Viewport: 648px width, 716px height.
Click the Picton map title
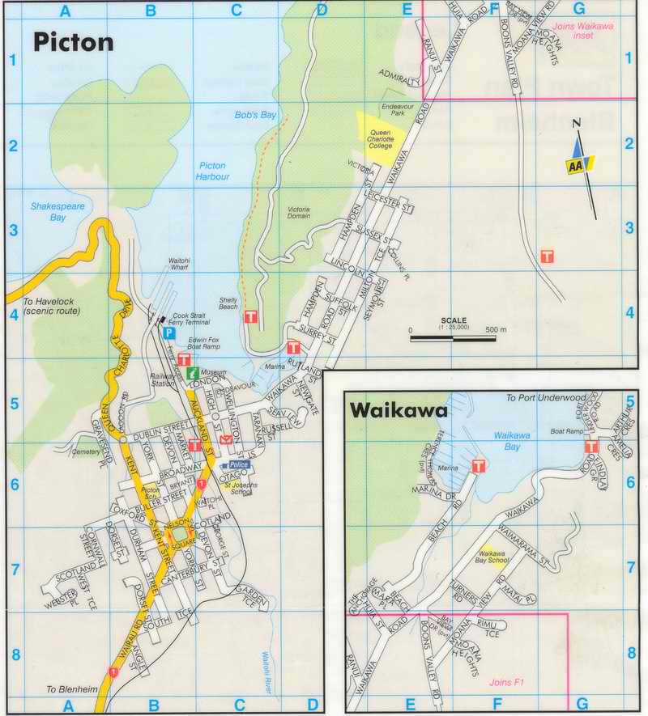click(73, 42)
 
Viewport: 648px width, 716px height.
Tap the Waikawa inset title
click(399, 411)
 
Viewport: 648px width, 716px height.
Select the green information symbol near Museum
click(192, 373)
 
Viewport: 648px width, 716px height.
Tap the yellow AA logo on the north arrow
click(576, 164)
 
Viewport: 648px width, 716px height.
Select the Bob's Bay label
click(256, 116)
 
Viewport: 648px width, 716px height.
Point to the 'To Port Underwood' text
click(539, 398)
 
